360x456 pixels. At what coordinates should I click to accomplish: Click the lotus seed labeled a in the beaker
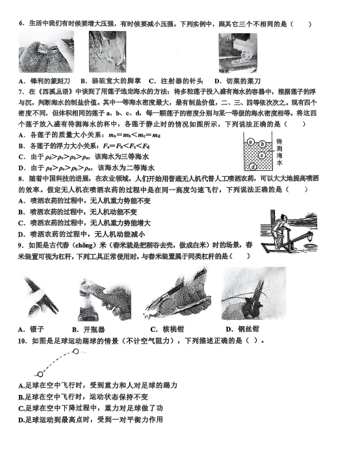pos(251,142)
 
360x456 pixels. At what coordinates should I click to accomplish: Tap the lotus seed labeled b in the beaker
pos(263,144)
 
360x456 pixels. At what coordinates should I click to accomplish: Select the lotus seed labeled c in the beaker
pos(263,156)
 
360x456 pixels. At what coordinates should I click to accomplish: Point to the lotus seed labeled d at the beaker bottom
pos(253,167)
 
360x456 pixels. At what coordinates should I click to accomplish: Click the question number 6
pos(21,24)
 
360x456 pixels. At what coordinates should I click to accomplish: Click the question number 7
pos(21,92)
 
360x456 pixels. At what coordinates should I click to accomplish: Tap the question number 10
pos(22,340)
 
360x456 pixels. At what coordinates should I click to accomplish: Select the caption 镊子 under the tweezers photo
pos(37,329)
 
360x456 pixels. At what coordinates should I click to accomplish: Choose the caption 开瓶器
pos(94,329)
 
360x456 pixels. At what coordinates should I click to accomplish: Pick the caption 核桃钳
pos(174,329)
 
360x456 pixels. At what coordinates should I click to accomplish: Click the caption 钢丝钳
pos(248,329)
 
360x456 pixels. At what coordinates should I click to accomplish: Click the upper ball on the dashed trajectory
pos(75,351)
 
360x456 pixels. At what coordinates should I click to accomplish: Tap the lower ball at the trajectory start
pos(40,374)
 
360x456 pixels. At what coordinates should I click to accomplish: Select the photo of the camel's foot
pos(107,52)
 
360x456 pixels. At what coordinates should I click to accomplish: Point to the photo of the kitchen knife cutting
pos(238,53)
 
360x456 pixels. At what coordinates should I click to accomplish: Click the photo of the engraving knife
pos(46,51)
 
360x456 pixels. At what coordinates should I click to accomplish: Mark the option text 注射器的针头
pos(181,81)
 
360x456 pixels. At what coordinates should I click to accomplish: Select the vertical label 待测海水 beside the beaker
pos(279,152)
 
